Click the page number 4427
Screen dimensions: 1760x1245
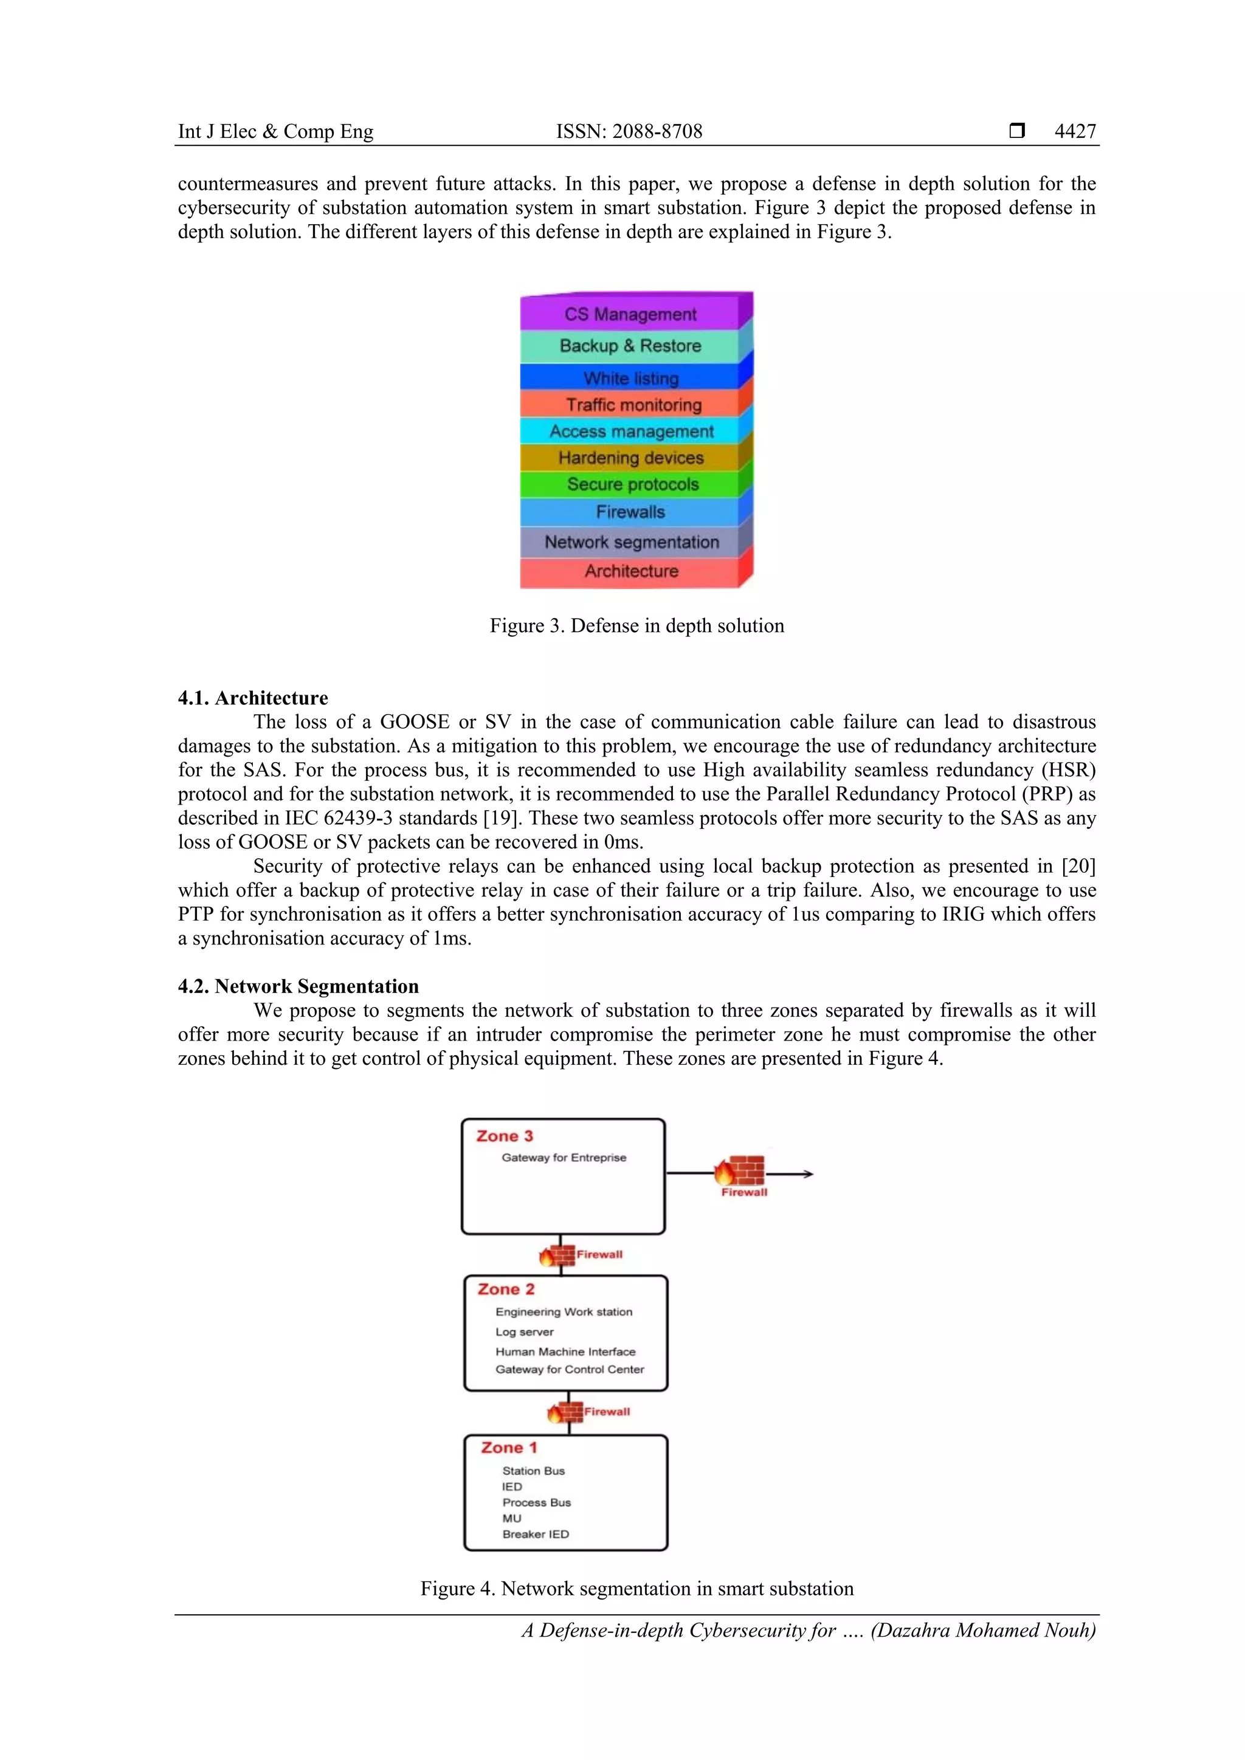pyautogui.click(x=1075, y=131)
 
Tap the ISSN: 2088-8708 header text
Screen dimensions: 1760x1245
pyautogui.click(x=629, y=131)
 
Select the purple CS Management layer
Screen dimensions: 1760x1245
pyautogui.click(x=630, y=314)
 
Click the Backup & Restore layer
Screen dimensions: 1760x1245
pyautogui.click(x=630, y=346)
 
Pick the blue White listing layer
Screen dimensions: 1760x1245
pyautogui.click(x=630, y=378)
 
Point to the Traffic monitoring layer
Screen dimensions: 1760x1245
pyautogui.click(x=633, y=405)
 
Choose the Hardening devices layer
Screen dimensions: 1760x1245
pyautogui.click(x=630, y=458)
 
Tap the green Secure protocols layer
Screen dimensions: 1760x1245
pyautogui.click(x=632, y=484)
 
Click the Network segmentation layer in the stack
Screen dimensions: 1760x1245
pyautogui.click(x=632, y=542)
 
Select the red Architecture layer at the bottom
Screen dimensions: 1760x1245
pyautogui.click(x=631, y=571)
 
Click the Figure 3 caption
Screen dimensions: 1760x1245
pyautogui.click(x=636, y=625)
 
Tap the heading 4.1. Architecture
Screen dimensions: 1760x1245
pyautogui.click(x=253, y=698)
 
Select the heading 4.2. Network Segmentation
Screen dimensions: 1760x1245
pyautogui.click(x=298, y=986)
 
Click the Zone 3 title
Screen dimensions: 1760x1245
pyautogui.click(x=505, y=1136)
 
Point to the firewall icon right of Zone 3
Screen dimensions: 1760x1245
pyautogui.click(x=740, y=1171)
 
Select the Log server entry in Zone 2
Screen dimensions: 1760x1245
pyautogui.click(x=525, y=1332)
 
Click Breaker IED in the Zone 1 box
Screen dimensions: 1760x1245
pyautogui.click(x=535, y=1534)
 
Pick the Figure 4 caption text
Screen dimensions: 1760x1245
pyautogui.click(x=636, y=1588)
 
